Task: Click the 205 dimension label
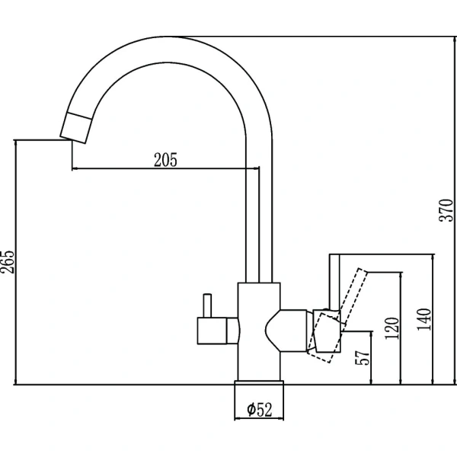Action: click(x=165, y=160)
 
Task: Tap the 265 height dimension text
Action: click(x=7, y=261)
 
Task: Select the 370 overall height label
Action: click(x=446, y=210)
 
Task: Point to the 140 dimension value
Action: click(x=424, y=319)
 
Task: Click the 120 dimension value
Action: click(x=392, y=328)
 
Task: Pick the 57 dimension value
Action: click(x=363, y=357)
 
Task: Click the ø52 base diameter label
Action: click(x=260, y=409)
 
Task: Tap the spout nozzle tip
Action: click(x=76, y=128)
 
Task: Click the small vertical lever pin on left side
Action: click(x=207, y=305)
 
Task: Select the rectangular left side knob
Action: click(x=213, y=331)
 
